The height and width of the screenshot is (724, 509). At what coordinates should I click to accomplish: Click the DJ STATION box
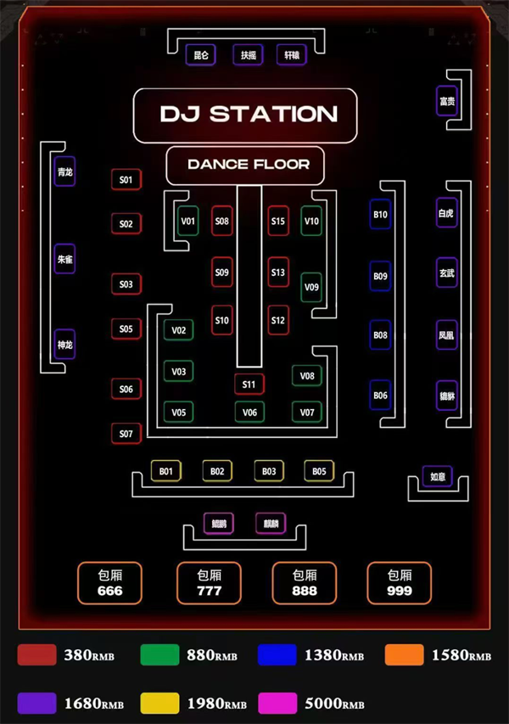245,114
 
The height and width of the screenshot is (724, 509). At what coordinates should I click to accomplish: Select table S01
126,180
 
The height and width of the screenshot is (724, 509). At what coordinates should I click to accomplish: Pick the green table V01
187,222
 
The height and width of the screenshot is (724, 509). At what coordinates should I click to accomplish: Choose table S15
278,222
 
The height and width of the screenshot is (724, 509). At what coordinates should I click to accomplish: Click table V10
311,222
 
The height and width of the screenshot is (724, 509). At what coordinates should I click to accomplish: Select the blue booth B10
380,215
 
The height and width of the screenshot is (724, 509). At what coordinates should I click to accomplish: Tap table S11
249,384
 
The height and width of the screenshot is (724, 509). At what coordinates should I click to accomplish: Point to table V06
249,413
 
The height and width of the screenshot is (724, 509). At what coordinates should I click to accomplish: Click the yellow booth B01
165,471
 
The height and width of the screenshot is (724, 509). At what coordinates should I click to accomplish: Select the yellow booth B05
319,471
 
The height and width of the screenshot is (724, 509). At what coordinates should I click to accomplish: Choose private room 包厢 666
110,583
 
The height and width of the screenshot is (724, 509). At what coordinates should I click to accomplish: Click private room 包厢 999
399,583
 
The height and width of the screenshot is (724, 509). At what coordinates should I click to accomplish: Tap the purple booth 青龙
64,171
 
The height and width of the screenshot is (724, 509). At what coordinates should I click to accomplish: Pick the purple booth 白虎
446,213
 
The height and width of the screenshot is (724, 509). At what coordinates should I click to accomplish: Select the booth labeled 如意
438,477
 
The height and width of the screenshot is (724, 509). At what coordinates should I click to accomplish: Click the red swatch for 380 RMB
36,655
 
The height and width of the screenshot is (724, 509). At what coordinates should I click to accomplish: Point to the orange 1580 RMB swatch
404,655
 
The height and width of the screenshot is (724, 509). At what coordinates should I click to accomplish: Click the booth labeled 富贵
447,102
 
